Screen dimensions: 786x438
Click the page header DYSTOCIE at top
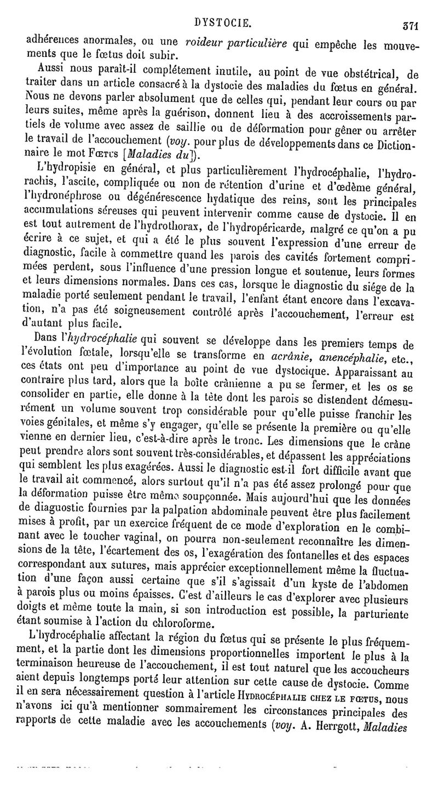[x=224, y=22]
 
